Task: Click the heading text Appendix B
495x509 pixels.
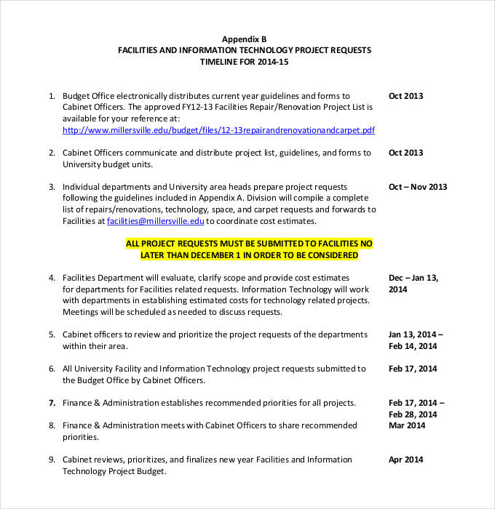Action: pos(244,39)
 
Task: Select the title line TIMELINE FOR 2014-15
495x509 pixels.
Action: pos(244,63)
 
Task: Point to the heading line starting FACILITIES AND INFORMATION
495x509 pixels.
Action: pos(244,50)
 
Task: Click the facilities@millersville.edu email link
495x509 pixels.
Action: pos(156,221)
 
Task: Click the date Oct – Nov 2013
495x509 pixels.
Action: pos(418,187)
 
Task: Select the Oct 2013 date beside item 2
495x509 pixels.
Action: pos(405,153)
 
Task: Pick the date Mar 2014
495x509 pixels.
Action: pos(408,425)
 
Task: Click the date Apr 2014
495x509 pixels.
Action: pos(406,460)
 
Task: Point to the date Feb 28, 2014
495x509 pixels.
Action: pos(413,414)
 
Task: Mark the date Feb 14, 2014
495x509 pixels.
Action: pos(413,346)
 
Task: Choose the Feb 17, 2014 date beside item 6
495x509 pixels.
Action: pos(413,369)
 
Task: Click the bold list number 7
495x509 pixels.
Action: pos(52,403)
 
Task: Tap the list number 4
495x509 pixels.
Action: pos(52,278)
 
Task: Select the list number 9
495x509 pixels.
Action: pos(52,460)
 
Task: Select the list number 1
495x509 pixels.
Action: pos(52,96)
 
